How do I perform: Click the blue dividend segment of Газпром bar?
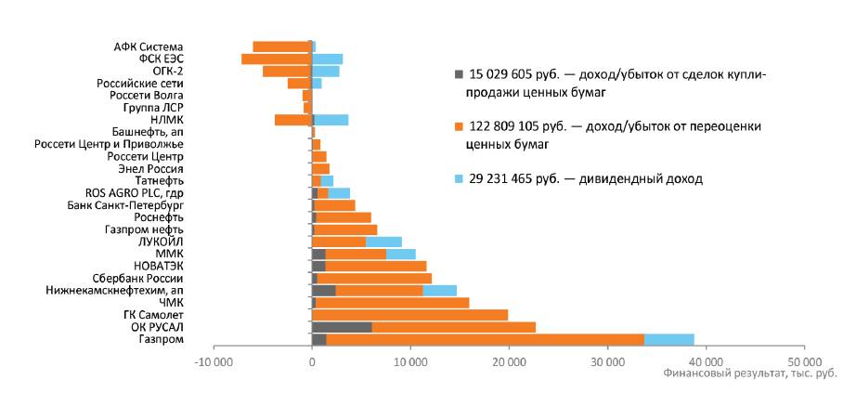coord(668,339)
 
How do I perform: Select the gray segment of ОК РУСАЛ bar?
coord(342,327)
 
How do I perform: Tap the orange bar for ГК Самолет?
coord(409,314)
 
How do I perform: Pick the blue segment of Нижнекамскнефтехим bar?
coord(439,290)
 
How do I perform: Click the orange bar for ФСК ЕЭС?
coord(276,59)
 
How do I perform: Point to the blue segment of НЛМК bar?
coord(331,119)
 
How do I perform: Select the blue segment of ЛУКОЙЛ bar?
coord(383,242)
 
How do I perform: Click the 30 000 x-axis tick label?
coord(607,360)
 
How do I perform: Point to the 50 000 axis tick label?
coord(804,360)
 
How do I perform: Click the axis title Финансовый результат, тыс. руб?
coord(750,373)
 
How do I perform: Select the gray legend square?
coord(458,73)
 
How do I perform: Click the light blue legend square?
coord(458,177)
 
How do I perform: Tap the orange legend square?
coord(458,125)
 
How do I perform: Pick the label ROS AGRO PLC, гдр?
coord(135,192)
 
